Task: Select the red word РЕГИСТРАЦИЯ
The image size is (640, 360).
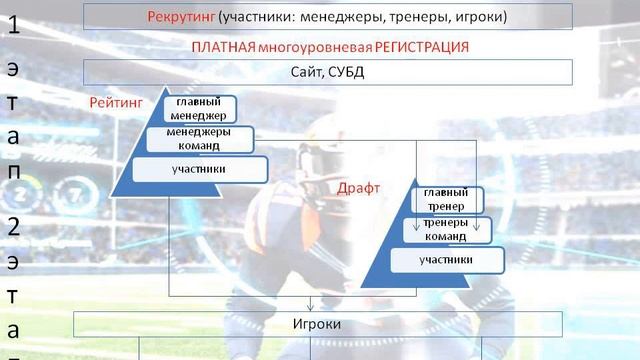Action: [412, 47]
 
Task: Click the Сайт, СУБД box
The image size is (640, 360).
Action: [327, 72]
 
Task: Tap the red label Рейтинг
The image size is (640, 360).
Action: [116, 102]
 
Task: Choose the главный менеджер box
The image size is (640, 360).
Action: [202, 109]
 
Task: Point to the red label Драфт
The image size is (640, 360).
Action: [358, 188]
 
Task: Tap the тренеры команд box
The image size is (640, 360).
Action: [443, 230]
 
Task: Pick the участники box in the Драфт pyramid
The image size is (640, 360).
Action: [446, 260]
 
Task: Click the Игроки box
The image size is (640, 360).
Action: [317, 324]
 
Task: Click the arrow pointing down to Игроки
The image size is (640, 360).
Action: [311, 304]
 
